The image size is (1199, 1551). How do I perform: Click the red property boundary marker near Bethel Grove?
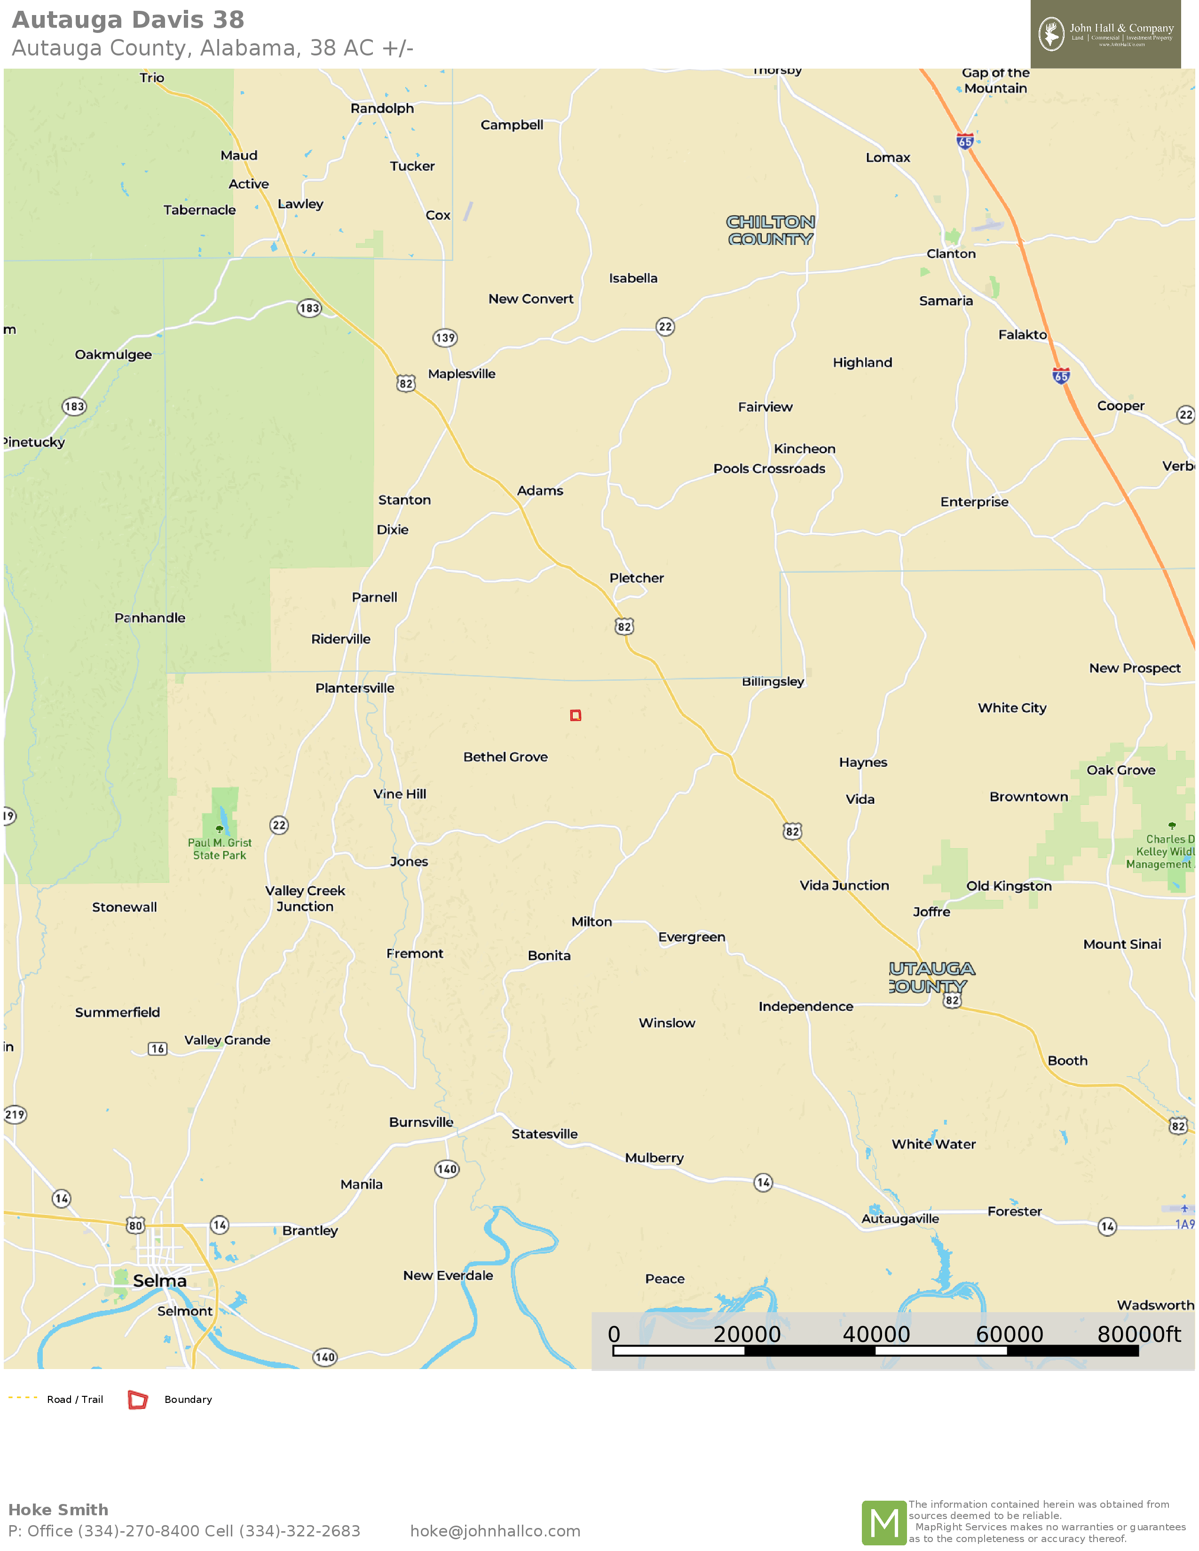click(x=576, y=715)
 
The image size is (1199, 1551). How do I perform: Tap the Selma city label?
click(x=160, y=1280)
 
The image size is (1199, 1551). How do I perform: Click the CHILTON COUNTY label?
click(x=771, y=231)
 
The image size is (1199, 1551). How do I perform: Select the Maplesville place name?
click(x=462, y=374)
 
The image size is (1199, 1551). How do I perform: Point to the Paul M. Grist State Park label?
click(x=220, y=849)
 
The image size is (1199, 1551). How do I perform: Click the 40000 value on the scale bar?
click(x=876, y=1334)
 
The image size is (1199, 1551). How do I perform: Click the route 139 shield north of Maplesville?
click(x=445, y=338)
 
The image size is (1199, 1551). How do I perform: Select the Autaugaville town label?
click(x=900, y=1219)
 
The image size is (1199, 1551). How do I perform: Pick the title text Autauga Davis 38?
click(x=128, y=20)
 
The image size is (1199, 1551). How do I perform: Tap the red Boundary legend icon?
click(x=137, y=1399)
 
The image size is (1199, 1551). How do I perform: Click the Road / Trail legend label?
click(x=75, y=1399)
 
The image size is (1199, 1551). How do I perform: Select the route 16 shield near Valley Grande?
click(x=158, y=1049)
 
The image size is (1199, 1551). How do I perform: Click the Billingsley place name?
click(x=773, y=682)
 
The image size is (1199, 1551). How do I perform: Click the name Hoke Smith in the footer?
click(x=58, y=1509)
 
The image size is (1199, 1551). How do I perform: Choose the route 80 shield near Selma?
click(x=135, y=1225)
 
